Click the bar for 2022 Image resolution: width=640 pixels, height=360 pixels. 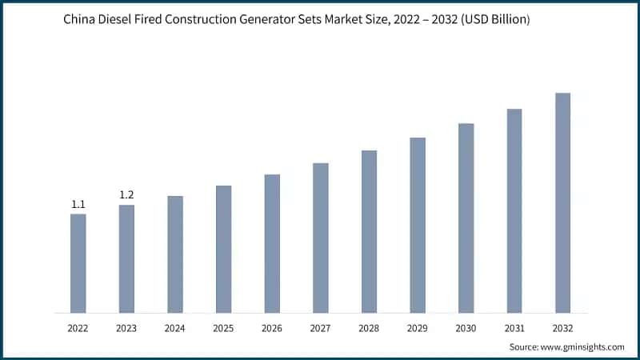(x=78, y=263)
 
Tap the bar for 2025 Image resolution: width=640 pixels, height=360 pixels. (x=223, y=249)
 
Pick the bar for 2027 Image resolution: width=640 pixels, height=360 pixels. (x=320, y=238)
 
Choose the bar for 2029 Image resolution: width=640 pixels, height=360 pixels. (x=418, y=225)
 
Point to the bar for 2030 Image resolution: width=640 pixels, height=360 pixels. (x=466, y=218)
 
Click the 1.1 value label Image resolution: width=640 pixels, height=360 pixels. (x=78, y=205)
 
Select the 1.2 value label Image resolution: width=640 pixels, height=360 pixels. (x=126, y=195)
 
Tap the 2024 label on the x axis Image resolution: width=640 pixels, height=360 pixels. (x=175, y=328)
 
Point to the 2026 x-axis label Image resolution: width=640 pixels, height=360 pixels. (x=272, y=328)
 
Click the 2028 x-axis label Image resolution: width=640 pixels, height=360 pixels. (x=369, y=328)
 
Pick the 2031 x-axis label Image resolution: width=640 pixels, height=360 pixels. (x=514, y=328)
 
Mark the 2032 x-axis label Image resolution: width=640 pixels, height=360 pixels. (x=562, y=328)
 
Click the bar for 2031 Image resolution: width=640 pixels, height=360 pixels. (x=514, y=210)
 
